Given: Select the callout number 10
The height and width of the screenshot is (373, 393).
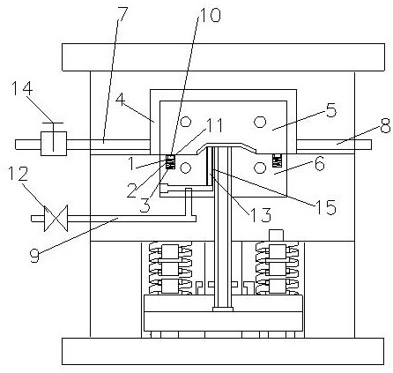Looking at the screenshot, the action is click(x=210, y=14).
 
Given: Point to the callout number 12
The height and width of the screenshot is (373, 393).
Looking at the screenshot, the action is click(x=19, y=174).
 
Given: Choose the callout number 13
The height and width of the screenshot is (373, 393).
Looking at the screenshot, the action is click(x=260, y=214).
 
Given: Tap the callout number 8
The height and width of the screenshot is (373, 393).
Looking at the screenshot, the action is click(x=385, y=125).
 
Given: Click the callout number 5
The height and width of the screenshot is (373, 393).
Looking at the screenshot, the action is click(x=331, y=110).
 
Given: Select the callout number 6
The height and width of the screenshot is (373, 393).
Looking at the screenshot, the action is click(x=320, y=163).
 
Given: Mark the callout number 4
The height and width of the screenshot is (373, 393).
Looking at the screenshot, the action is click(x=121, y=100).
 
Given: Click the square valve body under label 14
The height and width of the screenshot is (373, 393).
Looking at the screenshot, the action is click(x=54, y=144).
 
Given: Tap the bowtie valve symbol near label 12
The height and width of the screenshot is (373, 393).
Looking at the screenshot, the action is click(x=56, y=218).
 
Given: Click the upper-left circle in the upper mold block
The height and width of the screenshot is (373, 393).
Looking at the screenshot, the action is click(x=186, y=121).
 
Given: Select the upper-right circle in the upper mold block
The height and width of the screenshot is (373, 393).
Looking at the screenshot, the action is click(x=260, y=122).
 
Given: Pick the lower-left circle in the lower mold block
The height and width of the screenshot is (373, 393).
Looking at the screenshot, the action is click(x=186, y=168).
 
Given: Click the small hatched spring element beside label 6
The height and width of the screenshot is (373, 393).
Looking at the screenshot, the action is click(x=277, y=160).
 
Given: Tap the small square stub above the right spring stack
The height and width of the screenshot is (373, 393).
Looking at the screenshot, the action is click(x=277, y=235).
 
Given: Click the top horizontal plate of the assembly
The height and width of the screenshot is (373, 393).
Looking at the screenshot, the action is click(x=223, y=57).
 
